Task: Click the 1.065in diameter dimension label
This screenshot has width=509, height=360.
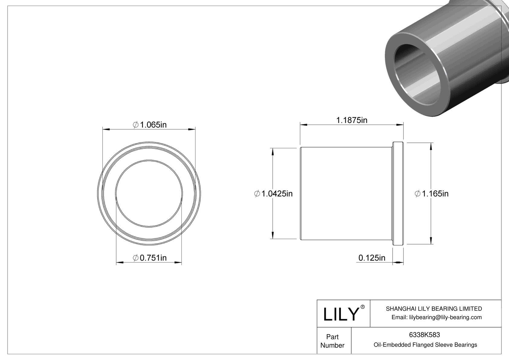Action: pyautogui.click(x=150, y=125)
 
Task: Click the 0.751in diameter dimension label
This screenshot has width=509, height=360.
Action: pyautogui.click(x=150, y=258)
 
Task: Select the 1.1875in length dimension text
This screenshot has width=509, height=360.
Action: pyautogui.click(x=352, y=120)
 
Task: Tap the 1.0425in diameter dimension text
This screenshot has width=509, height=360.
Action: pyautogui.click(x=274, y=193)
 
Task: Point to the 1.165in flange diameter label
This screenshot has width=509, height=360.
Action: pyautogui.click(x=432, y=193)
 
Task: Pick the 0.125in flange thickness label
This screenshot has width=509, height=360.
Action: pyautogui.click(x=372, y=258)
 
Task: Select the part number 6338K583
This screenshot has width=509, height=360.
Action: pyautogui.click(x=424, y=335)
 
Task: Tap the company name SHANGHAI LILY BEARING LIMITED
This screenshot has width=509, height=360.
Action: pyautogui.click(x=434, y=309)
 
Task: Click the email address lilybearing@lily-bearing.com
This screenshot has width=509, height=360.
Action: pyautogui.click(x=436, y=317)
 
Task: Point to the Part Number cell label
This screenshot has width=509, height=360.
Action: pyautogui.click(x=332, y=341)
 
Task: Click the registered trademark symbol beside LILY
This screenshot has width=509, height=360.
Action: pyautogui.click(x=363, y=307)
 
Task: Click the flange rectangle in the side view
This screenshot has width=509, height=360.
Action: pyautogui.click(x=398, y=193)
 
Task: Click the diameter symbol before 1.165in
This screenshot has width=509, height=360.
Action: pyautogui.click(x=417, y=193)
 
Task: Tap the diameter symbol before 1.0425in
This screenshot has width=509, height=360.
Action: pyautogui.click(x=257, y=193)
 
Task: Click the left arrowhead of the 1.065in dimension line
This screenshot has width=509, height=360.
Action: pyautogui.click(x=106, y=130)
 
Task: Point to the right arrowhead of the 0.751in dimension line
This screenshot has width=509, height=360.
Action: pyautogui.click(x=178, y=263)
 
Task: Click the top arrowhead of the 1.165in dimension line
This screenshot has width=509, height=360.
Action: pyautogui.click(x=431, y=146)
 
